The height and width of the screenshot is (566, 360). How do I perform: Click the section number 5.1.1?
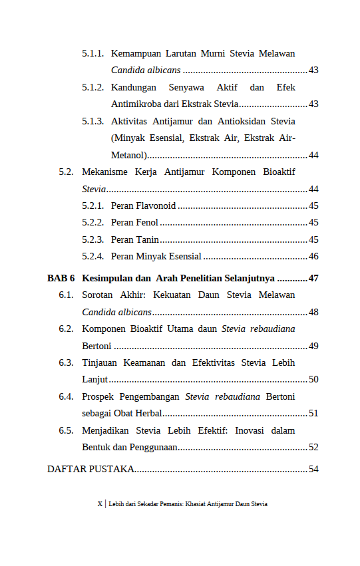[92, 53]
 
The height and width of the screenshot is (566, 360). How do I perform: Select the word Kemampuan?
[136, 53]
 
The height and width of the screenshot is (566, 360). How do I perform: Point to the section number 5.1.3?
[92, 122]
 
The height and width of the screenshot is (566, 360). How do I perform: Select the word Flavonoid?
[155, 206]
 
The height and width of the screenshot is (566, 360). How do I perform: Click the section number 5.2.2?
[92, 223]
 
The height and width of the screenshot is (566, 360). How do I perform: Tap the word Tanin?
[147, 239]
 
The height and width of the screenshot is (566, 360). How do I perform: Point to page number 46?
[313, 257]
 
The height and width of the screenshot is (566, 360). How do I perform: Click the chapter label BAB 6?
[61, 277]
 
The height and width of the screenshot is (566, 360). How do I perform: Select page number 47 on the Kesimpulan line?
[313, 277]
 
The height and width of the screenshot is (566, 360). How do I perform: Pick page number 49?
[313, 346]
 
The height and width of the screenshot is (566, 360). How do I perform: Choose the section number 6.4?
[65, 396]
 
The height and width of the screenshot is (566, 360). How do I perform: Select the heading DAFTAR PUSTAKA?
[90, 469]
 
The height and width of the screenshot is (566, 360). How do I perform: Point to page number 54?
[313, 469]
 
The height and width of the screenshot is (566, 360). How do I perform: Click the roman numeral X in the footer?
[100, 504]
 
